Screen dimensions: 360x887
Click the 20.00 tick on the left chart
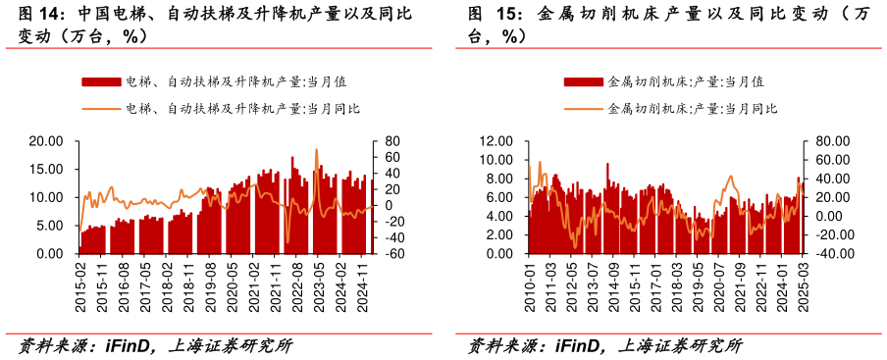(x=46, y=141)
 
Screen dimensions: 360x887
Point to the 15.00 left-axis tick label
(x=46, y=169)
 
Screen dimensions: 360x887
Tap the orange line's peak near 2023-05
(x=316, y=149)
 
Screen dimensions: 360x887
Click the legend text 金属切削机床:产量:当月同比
(x=693, y=108)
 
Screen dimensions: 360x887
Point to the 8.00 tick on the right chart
(x=498, y=179)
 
